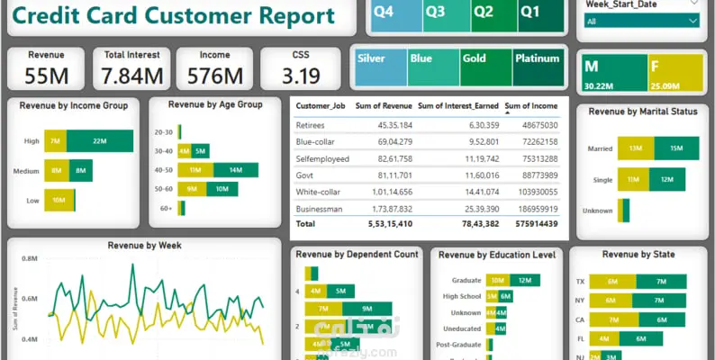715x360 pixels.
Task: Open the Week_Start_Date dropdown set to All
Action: [x=641, y=21]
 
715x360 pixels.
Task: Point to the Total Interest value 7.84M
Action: [x=132, y=76]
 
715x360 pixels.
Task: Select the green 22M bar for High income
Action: [x=99, y=141]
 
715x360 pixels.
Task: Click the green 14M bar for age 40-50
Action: [x=235, y=170]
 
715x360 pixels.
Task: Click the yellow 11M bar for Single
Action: [x=633, y=180]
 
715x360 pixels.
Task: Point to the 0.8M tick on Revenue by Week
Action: [x=29, y=258]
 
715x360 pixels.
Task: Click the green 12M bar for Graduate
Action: [x=524, y=281]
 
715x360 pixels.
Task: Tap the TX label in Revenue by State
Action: [x=580, y=282]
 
